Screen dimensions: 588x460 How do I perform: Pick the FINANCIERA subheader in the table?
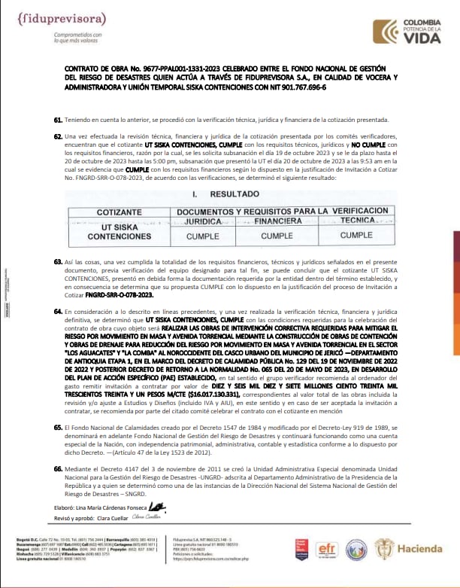[273, 222]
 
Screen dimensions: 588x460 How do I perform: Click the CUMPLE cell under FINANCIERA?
[273, 236]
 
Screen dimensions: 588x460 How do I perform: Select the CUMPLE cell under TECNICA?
[356, 236]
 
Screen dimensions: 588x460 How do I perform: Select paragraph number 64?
[58, 310]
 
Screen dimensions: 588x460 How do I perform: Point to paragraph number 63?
[58, 261]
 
